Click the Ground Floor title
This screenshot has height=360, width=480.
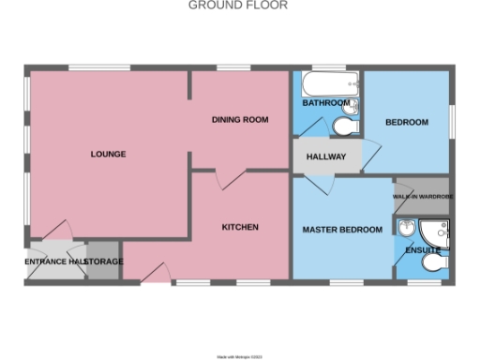click(238, 6)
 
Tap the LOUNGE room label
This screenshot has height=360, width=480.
click(108, 154)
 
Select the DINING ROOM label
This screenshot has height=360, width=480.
click(240, 119)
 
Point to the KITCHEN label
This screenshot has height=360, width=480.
click(240, 228)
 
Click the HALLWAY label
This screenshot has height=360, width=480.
click(326, 157)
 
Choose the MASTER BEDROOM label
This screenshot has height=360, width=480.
click(341, 230)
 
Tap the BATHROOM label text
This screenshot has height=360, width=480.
click(325, 102)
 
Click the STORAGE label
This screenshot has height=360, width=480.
click(104, 262)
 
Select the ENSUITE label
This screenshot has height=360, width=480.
click(423, 250)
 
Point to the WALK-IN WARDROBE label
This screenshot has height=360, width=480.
click(423, 196)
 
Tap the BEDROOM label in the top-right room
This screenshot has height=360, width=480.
click(407, 123)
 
